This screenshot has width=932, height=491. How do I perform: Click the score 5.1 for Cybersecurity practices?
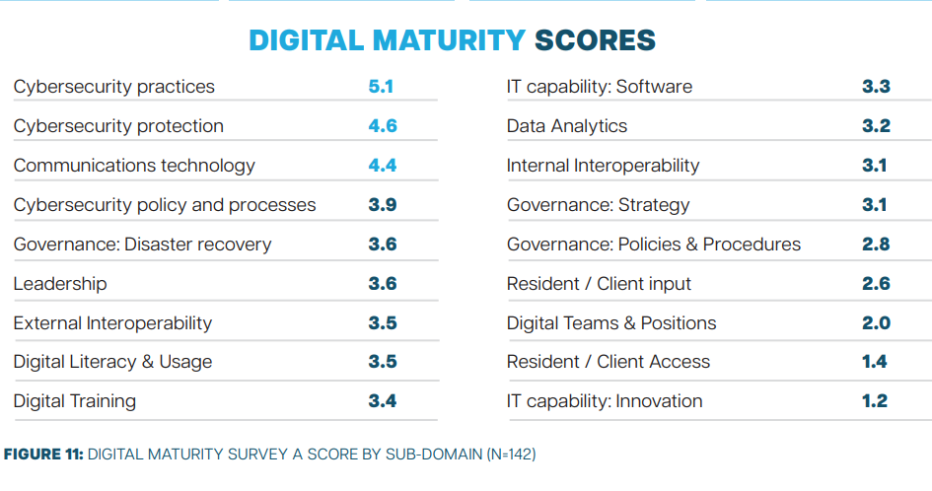coord(381,87)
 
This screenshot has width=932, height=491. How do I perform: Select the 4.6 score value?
coord(382,126)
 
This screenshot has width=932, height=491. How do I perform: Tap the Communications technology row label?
coord(134,166)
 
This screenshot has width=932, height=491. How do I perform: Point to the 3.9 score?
coord(382,205)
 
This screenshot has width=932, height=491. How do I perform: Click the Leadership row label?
coord(60,284)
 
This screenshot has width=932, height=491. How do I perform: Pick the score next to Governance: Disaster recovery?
coord(382,245)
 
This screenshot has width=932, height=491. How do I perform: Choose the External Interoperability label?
coord(112,323)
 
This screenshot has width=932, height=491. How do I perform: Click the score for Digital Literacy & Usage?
coord(382,362)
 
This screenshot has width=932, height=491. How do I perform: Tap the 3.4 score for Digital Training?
coord(382,401)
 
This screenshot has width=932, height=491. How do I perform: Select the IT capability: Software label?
coord(600,87)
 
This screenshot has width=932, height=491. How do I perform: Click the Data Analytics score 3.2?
coord(876,126)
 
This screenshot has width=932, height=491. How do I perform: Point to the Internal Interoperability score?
coord(874,166)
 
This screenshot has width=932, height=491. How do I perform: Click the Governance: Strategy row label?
coord(599,205)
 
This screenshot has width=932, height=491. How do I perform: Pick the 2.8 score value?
coord(876,245)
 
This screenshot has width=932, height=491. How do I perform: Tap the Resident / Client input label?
coord(599,284)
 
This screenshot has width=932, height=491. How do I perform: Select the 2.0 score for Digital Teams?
coord(876,323)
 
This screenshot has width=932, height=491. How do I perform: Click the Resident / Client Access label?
coord(609,362)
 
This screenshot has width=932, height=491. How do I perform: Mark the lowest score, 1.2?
coord(874,401)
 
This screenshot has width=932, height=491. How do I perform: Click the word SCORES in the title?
coord(595,40)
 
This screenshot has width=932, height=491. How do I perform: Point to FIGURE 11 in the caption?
coord(42,455)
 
